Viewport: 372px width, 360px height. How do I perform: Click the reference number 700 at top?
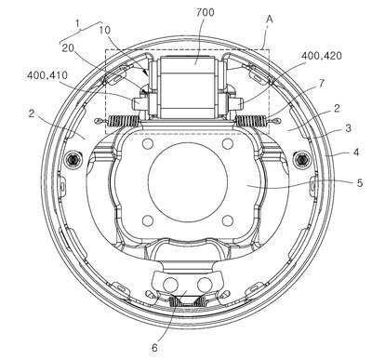click(205, 12)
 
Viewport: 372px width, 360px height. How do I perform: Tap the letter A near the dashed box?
click(270, 20)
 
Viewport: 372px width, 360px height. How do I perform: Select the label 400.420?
click(322, 56)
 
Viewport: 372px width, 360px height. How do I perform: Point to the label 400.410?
click(47, 75)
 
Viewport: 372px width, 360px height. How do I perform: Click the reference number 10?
click(105, 30)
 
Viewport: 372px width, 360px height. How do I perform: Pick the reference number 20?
click(68, 48)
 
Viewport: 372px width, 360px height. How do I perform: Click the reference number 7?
click(322, 83)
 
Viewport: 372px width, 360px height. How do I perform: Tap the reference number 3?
click(349, 127)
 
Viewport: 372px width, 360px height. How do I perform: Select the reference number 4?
click(356, 153)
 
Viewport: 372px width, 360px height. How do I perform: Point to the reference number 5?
click(360, 183)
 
